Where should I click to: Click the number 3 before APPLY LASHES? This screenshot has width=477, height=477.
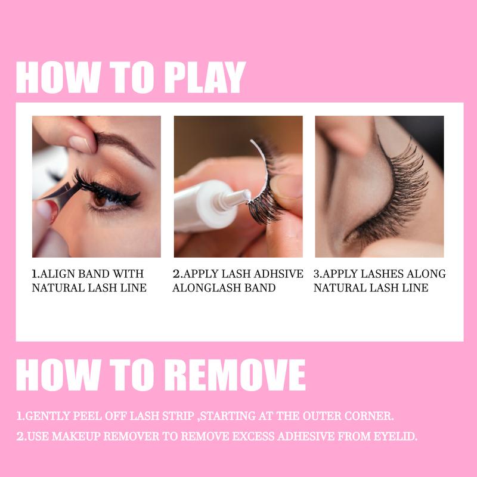click(317, 274)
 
